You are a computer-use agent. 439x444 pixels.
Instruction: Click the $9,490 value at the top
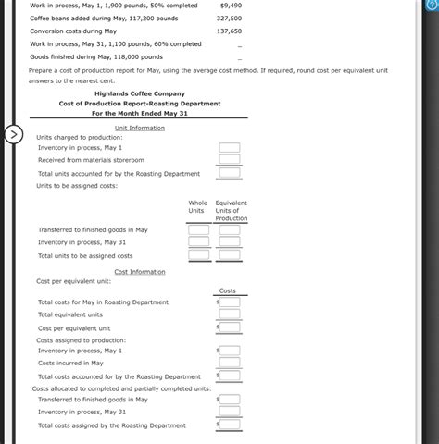point(231,5)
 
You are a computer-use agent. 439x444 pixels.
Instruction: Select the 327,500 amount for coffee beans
point(229,18)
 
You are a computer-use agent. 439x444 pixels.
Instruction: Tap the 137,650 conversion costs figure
point(229,31)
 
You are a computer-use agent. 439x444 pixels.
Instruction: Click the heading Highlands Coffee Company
point(139,93)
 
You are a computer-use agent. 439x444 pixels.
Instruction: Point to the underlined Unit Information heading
point(140,128)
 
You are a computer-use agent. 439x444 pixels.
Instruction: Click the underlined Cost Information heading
point(140,272)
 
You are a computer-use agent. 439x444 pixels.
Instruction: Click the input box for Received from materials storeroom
point(230,160)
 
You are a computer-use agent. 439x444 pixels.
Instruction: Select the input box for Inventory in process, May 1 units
point(230,148)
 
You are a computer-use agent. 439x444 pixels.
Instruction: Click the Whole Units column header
point(198,206)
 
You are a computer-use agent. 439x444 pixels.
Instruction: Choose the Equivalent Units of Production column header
point(231,210)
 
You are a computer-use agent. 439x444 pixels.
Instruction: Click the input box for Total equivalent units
point(230,314)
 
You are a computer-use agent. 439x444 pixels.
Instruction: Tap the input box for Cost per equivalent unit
point(230,327)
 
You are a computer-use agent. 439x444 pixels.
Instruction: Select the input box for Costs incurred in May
point(230,364)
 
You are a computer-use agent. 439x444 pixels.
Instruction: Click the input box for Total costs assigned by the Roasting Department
point(230,425)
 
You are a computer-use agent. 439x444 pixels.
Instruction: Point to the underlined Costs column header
point(228,291)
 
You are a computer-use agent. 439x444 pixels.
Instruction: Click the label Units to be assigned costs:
point(77,186)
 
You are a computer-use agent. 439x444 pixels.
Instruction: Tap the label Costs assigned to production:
point(82,339)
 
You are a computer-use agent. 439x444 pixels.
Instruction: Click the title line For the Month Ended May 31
point(140,114)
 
